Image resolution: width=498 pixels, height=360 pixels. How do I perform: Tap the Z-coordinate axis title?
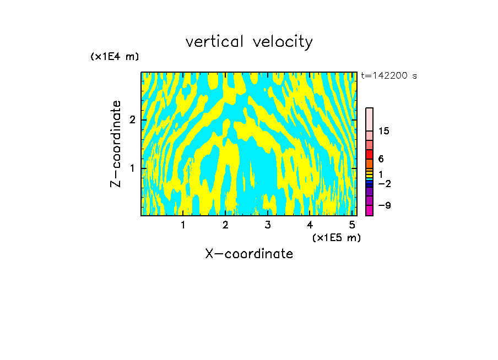(x=116, y=144)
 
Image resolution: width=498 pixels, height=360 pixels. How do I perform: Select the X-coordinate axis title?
(x=249, y=254)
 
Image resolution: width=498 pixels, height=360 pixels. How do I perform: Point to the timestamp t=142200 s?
(x=388, y=76)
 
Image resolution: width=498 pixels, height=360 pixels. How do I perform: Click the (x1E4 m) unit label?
(x=115, y=57)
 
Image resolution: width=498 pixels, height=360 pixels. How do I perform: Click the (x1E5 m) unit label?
(x=336, y=237)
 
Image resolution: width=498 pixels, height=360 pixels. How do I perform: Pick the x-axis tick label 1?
(x=183, y=225)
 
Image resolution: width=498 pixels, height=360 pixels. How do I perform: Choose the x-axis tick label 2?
(x=225, y=225)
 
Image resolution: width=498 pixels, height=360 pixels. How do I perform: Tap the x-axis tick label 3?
(x=268, y=225)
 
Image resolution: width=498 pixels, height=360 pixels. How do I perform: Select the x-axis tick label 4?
(x=310, y=225)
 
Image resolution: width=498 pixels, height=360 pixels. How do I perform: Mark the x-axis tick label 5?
(x=352, y=225)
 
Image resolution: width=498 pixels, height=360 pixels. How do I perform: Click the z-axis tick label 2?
(x=132, y=120)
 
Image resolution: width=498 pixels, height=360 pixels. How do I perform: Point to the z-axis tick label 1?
(x=132, y=168)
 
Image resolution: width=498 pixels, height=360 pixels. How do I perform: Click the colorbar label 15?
(x=384, y=131)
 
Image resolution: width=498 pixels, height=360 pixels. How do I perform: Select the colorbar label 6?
(x=381, y=159)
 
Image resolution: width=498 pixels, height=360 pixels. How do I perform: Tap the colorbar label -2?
(x=384, y=184)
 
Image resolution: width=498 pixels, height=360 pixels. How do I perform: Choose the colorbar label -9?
(x=384, y=205)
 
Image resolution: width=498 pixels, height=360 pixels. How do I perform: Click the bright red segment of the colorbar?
(x=369, y=155)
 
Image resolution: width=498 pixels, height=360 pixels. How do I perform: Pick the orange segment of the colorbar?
(x=369, y=164)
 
